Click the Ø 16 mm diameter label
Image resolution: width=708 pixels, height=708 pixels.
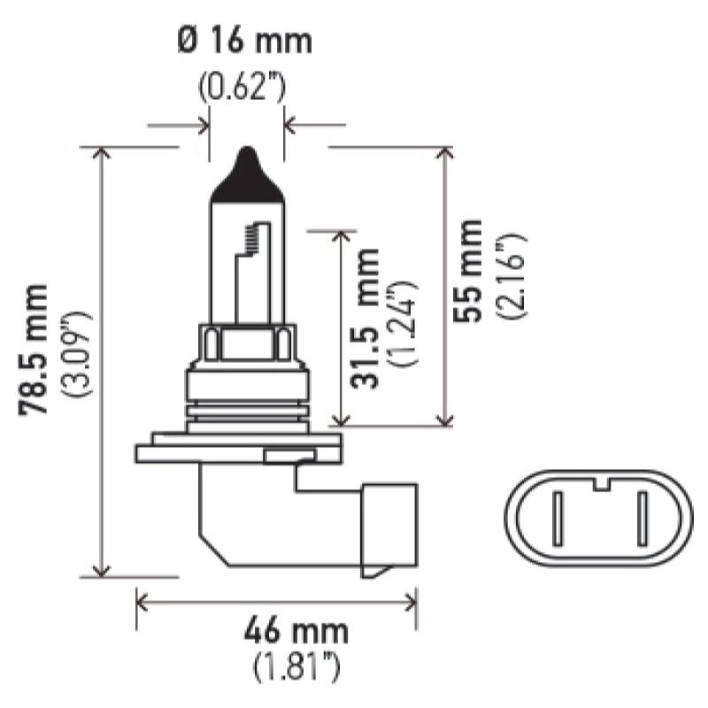click(245, 41)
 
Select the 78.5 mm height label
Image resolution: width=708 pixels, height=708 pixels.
click(33, 350)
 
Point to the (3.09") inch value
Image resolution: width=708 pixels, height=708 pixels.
click(79, 353)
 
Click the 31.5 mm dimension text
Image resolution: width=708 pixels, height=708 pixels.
click(365, 319)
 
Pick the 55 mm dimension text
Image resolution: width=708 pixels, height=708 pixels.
click(468, 271)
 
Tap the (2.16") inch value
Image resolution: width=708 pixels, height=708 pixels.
click(512, 276)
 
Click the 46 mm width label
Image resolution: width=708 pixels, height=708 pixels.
click(296, 631)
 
